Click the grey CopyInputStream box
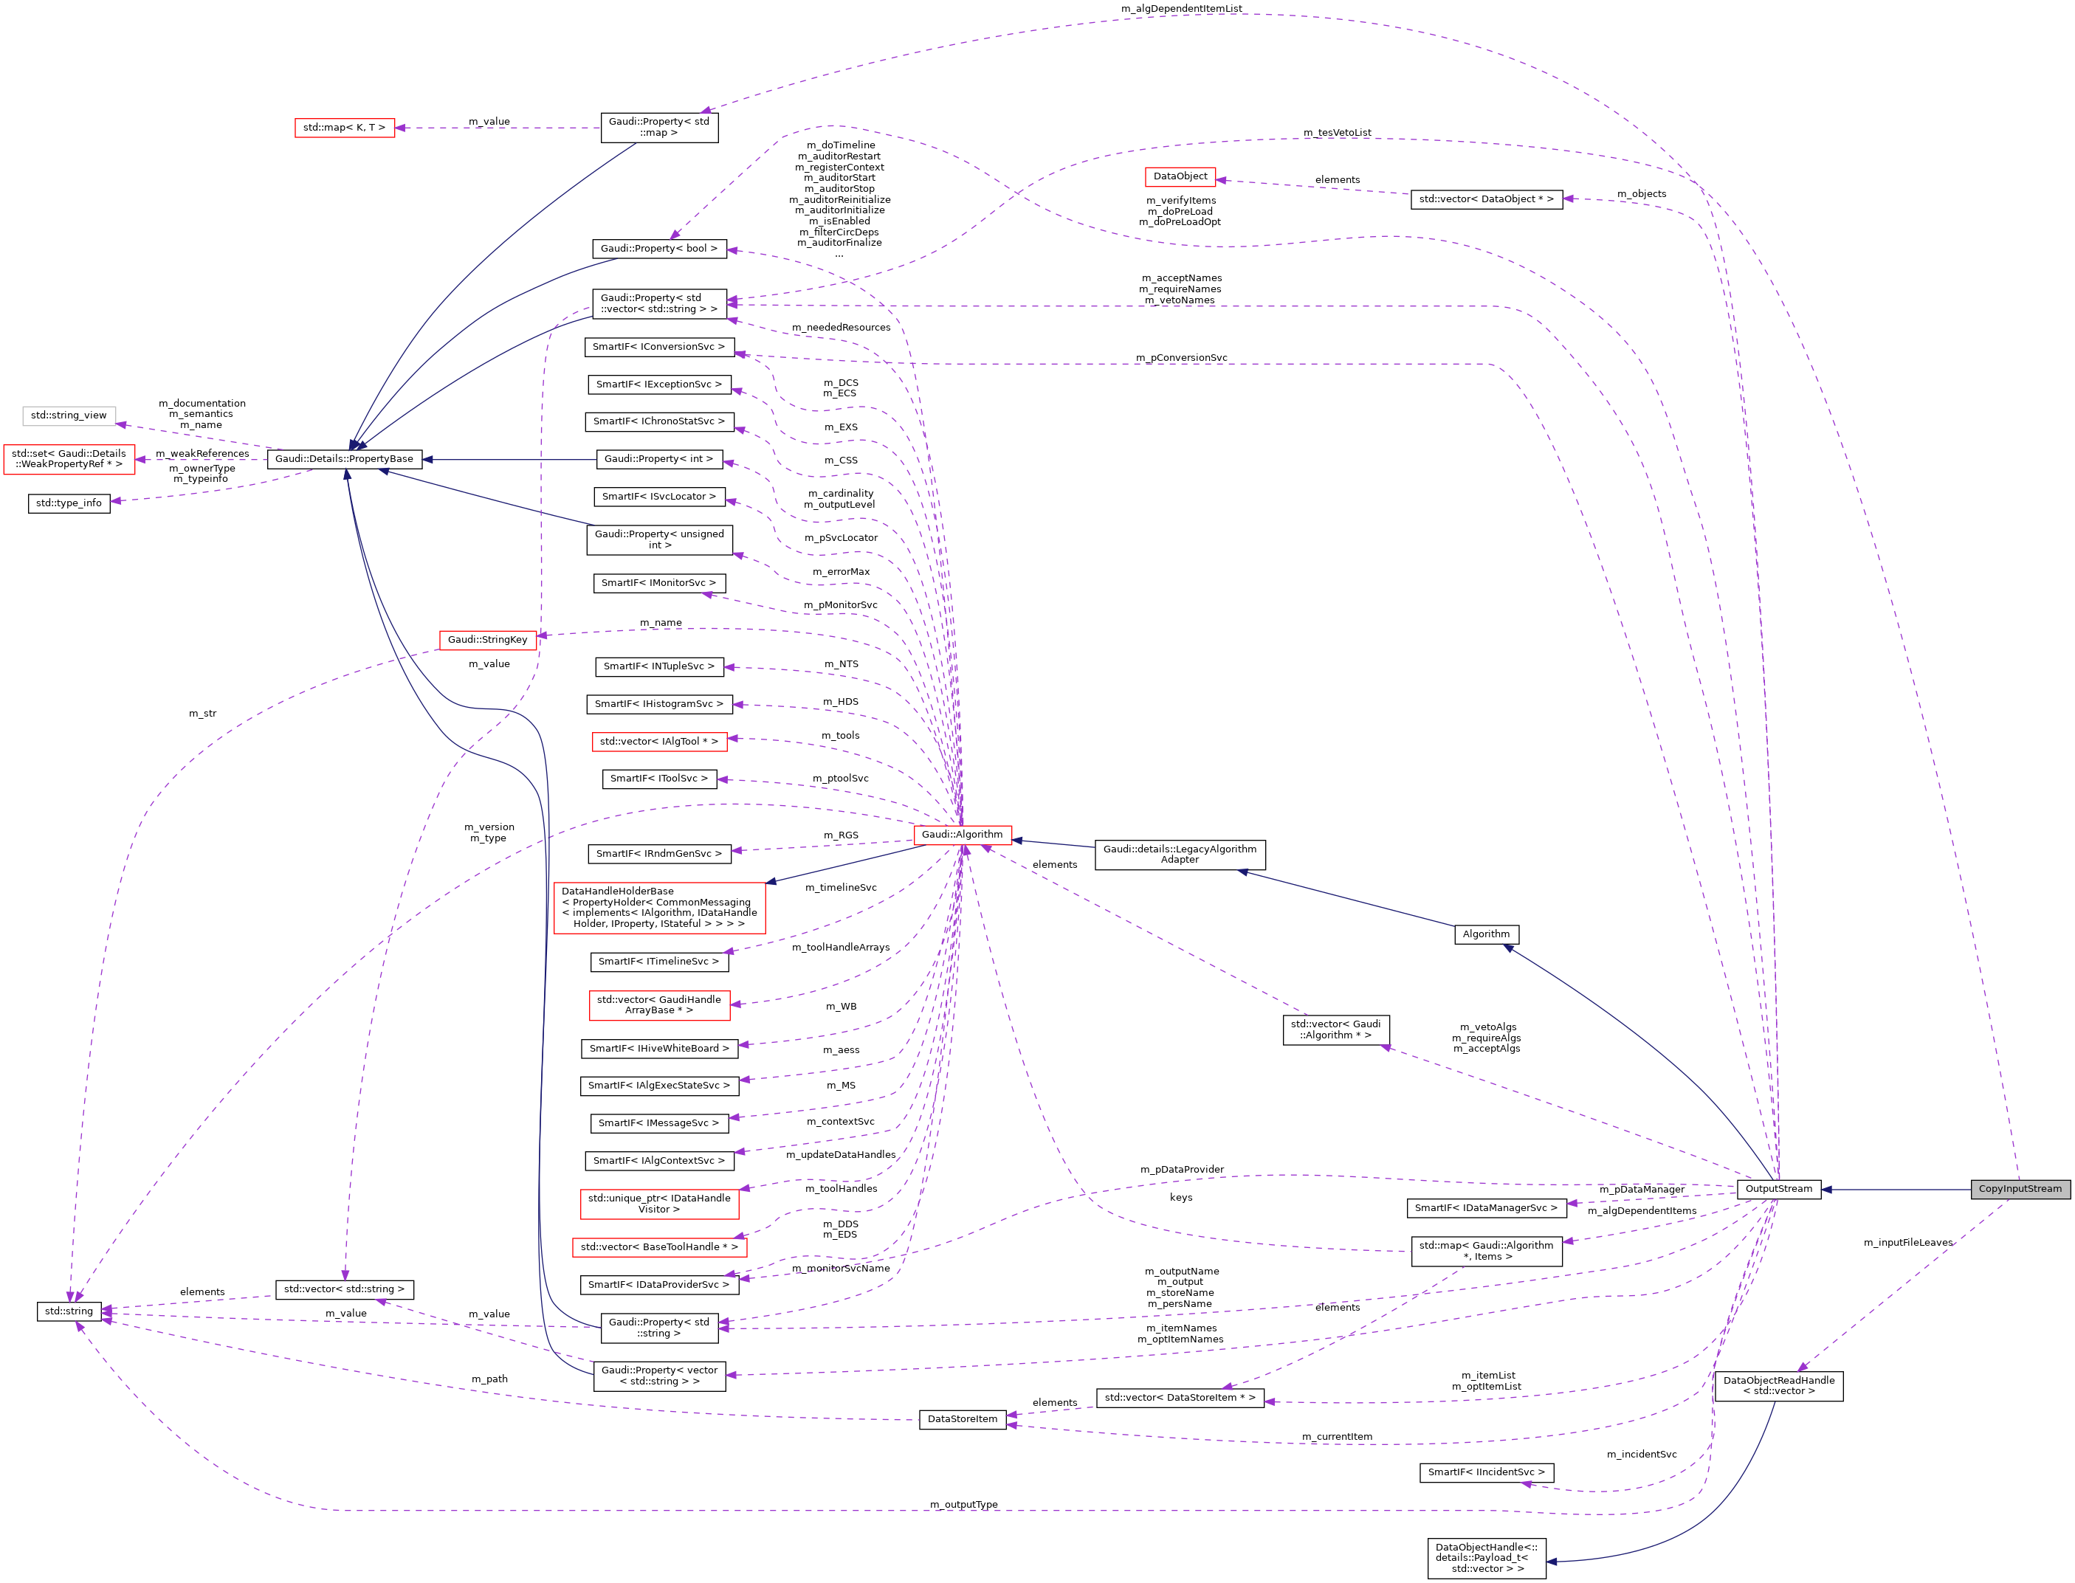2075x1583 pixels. pyautogui.click(x=2020, y=1189)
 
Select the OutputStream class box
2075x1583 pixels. pyautogui.click(x=1778, y=1189)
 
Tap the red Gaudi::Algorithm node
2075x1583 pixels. pyautogui.click(x=962, y=835)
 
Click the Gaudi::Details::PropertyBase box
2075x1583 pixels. pyautogui.click(x=344, y=459)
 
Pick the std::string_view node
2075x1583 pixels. pyautogui.click(x=69, y=415)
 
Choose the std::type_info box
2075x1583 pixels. pyautogui.click(x=69, y=503)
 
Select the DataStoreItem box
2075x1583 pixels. pyautogui.click(x=962, y=1419)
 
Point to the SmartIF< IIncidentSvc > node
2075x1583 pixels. pyautogui.click(x=1486, y=1472)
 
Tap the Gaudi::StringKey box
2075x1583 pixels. pyautogui.click(x=487, y=640)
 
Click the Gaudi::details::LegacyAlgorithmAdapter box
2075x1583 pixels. pyautogui.click(x=1180, y=855)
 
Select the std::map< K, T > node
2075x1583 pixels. pyautogui.click(x=344, y=127)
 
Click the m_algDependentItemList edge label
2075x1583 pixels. pyautogui.click(x=1181, y=8)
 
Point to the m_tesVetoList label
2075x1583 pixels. pyautogui.click(x=1337, y=133)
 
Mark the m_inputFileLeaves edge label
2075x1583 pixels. pyautogui.click(x=1907, y=1243)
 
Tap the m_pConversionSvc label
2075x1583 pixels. pyautogui.click(x=1181, y=358)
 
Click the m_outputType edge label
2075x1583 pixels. pyautogui.click(x=963, y=1505)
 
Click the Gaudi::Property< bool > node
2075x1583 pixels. pyautogui.click(x=658, y=249)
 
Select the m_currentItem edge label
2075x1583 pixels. pyautogui.click(x=1336, y=1437)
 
